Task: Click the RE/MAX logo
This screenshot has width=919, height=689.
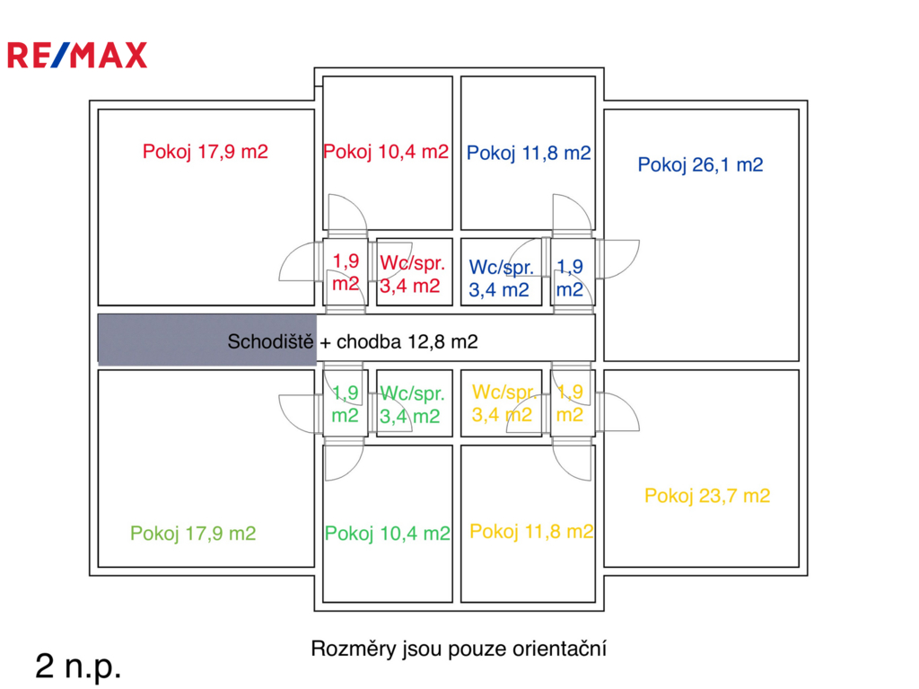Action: [77, 56]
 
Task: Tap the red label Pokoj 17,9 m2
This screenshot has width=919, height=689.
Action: [205, 152]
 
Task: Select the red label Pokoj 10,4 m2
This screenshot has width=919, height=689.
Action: [386, 152]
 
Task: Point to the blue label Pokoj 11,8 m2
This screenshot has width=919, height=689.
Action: [529, 153]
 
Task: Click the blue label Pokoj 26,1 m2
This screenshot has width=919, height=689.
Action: [700, 164]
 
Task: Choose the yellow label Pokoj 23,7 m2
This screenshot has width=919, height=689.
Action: [707, 495]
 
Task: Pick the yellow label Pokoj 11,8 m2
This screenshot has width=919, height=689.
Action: [531, 531]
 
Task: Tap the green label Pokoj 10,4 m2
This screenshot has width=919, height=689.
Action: [388, 534]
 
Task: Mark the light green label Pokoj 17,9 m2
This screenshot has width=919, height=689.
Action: [193, 534]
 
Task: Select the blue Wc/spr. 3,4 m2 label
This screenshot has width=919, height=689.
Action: [501, 278]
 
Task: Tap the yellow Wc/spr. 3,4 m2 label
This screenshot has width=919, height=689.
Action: [503, 403]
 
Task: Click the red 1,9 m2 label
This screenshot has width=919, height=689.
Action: [346, 272]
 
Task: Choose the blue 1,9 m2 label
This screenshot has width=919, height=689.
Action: [570, 278]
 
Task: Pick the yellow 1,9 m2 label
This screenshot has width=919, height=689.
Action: [571, 403]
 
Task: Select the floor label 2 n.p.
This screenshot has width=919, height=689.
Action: [78, 666]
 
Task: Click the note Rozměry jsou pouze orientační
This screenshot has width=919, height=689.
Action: [459, 648]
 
